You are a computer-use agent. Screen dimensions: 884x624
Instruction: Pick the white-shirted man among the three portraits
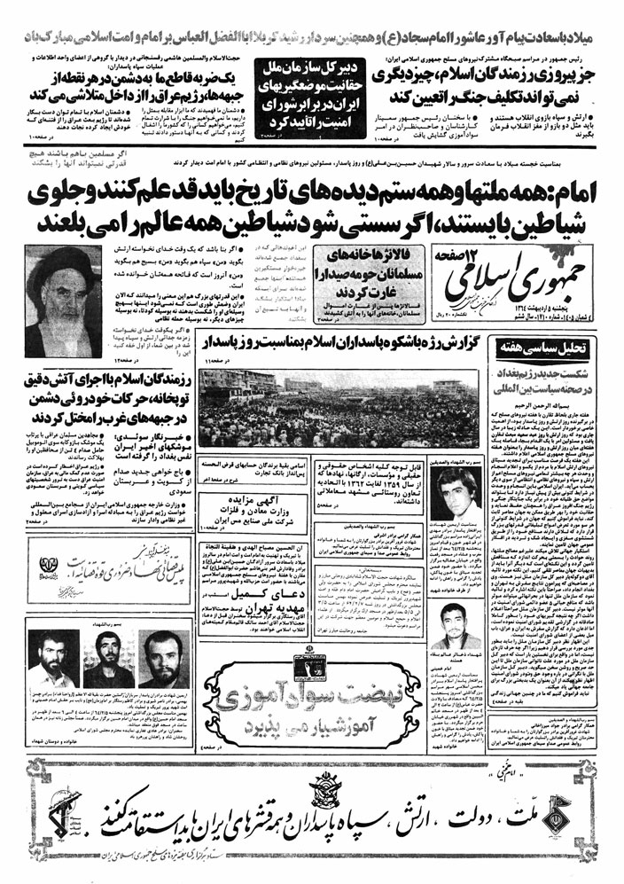51,664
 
